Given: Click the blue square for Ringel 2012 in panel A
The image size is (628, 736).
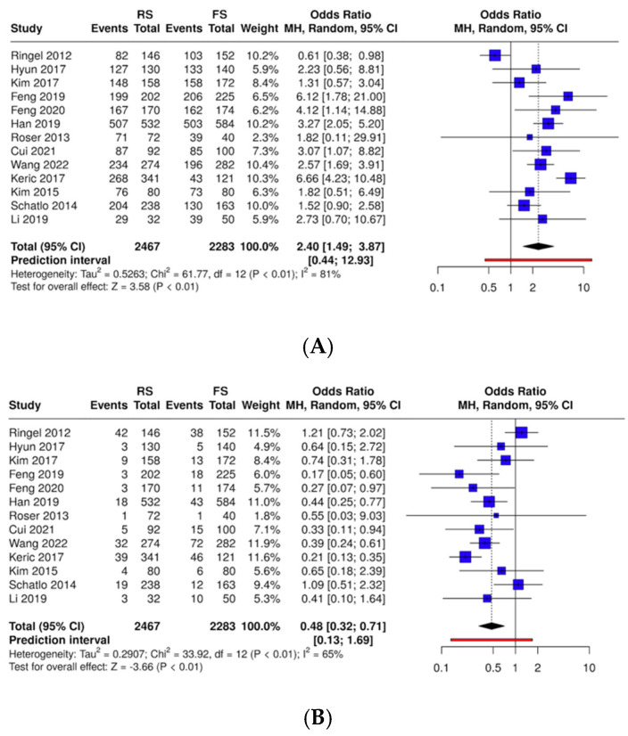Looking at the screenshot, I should click(x=495, y=56).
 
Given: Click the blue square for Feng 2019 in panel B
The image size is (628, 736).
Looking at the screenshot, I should click(x=459, y=474).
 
